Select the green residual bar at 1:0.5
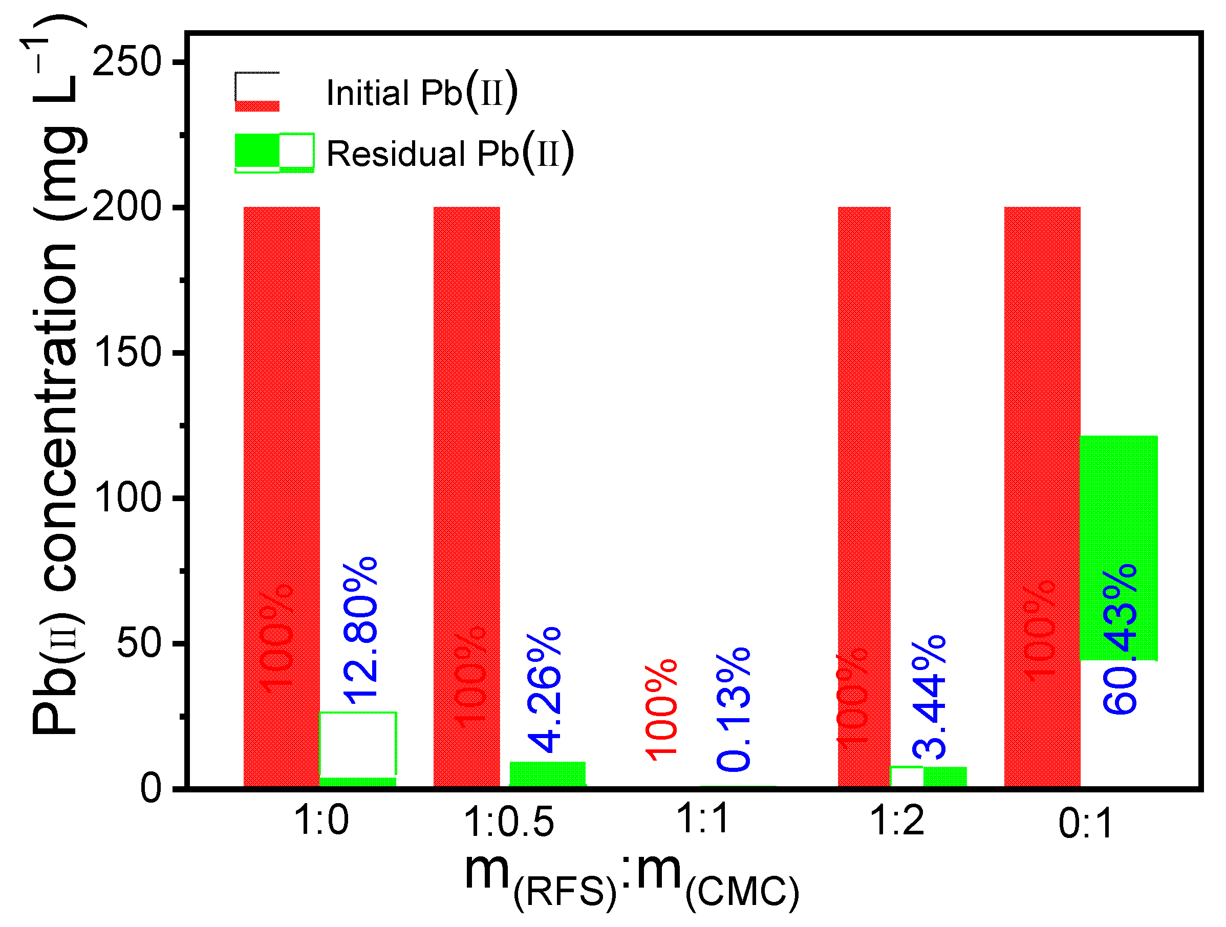(548, 774)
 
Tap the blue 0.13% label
(733, 710)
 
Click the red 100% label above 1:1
(661, 710)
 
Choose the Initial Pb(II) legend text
(421, 92)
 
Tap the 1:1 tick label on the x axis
(702, 819)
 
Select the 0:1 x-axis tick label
(1085, 824)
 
